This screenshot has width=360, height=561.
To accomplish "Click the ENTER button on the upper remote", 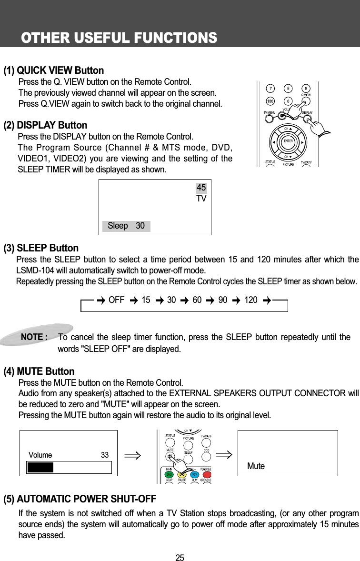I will (x=288, y=141).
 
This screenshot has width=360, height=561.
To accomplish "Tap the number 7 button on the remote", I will (x=270, y=89).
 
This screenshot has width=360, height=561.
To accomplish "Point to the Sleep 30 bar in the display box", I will (x=126, y=226).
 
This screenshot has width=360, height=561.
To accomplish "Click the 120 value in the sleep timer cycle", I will (x=250, y=300).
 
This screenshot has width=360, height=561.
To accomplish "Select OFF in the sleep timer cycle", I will (x=117, y=300).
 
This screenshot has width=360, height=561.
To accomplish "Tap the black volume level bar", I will (x=40, y=467).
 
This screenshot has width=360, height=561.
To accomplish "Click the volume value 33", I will (x=105, y=455).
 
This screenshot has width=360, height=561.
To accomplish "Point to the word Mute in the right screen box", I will (x=256, y=466).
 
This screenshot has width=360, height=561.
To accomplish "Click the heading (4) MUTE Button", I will (x=39, y=371).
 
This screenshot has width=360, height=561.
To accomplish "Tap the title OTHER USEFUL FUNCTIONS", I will (x=119, y=37).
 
